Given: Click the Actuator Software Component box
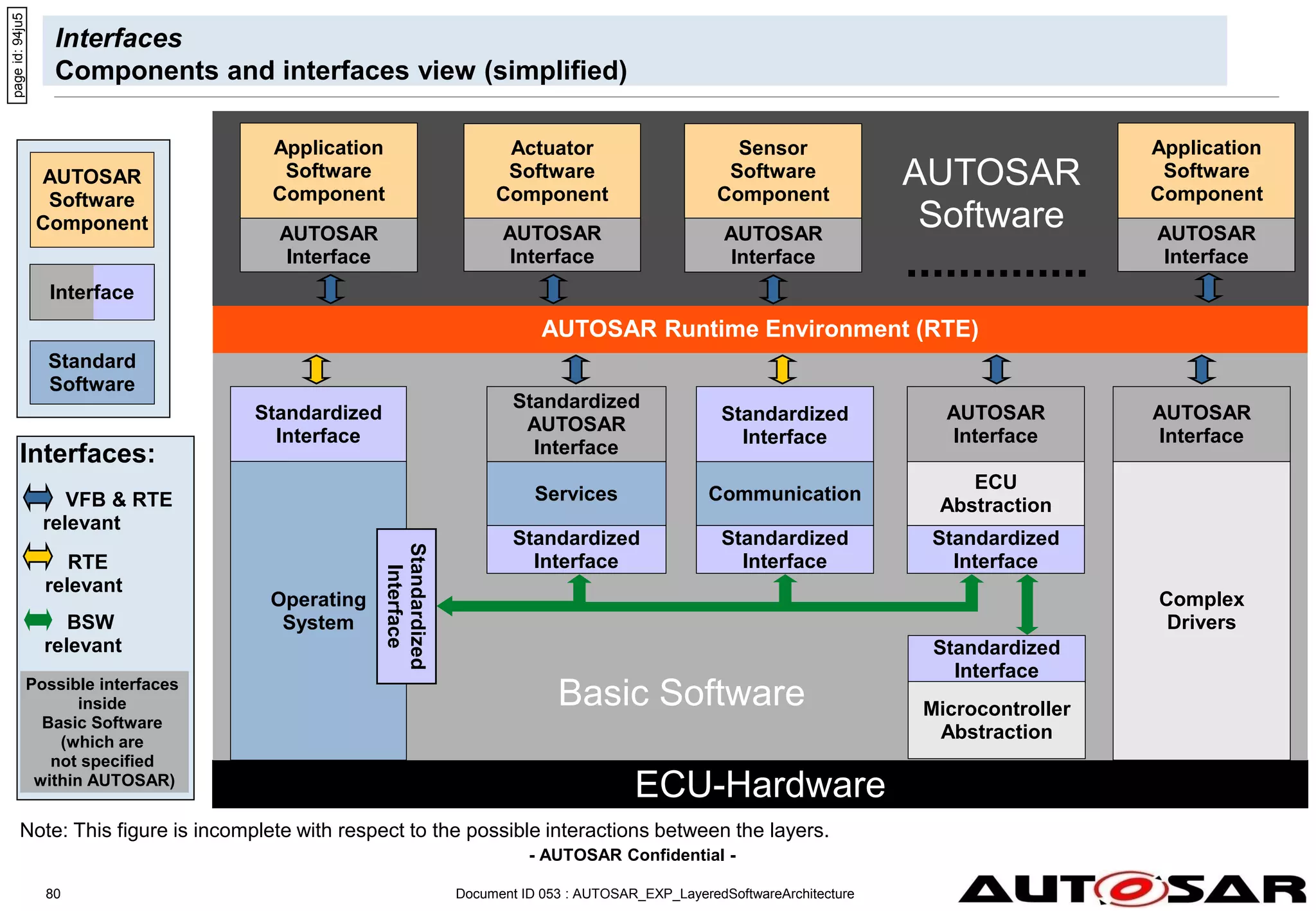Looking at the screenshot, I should pyautogui.click(x=551, y=171).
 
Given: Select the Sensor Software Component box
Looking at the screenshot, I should pyautogui.click(x=772, y=171).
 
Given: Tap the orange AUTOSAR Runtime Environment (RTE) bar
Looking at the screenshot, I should pyautogui.click(x=760, y=329).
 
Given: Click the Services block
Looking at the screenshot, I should pyautogui.click(x=576, y=493).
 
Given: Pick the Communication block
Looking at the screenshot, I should pyautogui.click(x=784, y=493).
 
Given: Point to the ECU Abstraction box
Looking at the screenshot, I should pyautogui.click(x=995, y=493).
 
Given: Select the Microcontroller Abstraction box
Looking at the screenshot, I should pyautogui.click(x=996, y=720).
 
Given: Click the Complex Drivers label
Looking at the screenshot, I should pyautogui.click(x=1200, y=610).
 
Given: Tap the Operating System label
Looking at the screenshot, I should pyautogui.click(x=318, y=610).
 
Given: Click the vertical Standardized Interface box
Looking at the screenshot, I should pyautogui.click(x=406, y=606).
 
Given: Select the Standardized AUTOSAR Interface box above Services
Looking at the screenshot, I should pyautogui.click(x=576, y=424).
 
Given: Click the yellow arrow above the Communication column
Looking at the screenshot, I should pyautogui.click(x=782, y=369).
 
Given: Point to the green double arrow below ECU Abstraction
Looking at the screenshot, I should pyautogui.click(x=1027, y=604).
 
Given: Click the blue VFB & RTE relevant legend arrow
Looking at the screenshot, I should pyautogui.click(x=38, y=497).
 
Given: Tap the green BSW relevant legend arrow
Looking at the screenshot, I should pyautogui.click(x=38, y=620).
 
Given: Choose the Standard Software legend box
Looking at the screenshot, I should pyautogui.click(x=92, y=373).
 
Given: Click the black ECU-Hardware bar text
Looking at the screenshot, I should pyautogui.click(x=760, y=784).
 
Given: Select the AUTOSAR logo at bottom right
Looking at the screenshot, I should pyautogui.click(x=1131, y=889).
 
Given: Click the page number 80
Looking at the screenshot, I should pyautogui.click(x=53, y=894).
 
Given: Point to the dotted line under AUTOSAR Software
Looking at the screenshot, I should pyautogui.click(x=996, y=274).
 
